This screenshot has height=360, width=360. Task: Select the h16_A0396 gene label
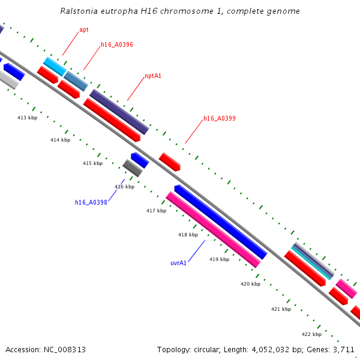[x=116, y=44]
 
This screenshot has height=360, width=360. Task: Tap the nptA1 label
[x=153, y=76]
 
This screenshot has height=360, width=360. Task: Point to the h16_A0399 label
[x=219, y=118]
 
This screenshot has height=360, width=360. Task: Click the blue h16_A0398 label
[x=91, y=202]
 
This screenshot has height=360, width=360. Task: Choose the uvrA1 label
[x=178, y=263]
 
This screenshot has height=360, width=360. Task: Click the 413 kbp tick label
[x=27, y=118]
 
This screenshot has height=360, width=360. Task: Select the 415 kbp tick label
[x=92, y=163]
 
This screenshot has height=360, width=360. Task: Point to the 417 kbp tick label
[x=156, y=211]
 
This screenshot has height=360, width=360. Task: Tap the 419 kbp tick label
[x=219, y=259]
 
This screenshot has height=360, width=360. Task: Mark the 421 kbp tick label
[x=281, y=309]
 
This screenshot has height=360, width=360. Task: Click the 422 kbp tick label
[x=311, y=334]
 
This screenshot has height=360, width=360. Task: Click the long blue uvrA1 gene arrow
[x=221, y=222]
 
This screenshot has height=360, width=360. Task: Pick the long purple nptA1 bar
[x=119, y=112]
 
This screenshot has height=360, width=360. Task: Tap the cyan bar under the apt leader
[x=55, y=66]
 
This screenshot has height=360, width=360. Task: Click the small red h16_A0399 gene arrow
[x=169, y=161]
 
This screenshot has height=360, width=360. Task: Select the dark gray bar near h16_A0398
[x=132, y=168]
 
